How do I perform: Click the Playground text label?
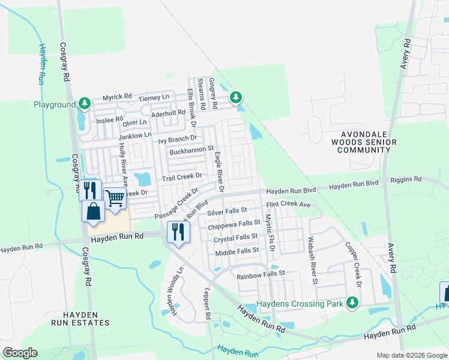tap(54, 104)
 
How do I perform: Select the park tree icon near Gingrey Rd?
tap(237, 97)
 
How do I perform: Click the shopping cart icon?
tap(115, 197)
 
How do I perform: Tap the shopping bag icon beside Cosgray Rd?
tap(94, 211)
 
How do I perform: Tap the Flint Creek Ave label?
tap(288, 205)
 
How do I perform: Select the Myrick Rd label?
tap(116, 97)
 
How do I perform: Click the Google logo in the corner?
tap(20, 353)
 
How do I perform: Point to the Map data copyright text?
tap(412, 355)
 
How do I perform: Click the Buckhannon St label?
tap(191, 148)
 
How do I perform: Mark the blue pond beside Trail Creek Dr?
tap(143, 179)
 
